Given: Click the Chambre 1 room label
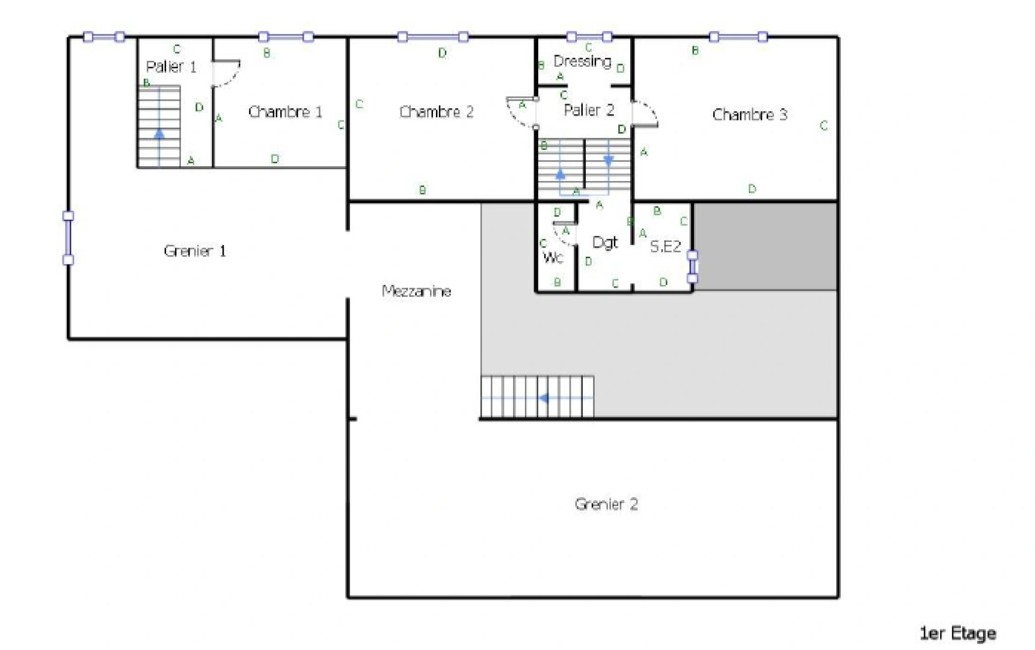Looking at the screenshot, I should tap(285, 112).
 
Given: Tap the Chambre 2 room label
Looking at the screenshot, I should tap(436, 112).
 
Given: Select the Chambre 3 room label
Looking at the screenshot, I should tap(749, 114).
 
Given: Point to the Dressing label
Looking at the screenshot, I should tap(582, 61).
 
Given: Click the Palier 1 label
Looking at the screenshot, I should tap(171, 66).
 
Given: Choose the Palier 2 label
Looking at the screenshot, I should tap(589, 110).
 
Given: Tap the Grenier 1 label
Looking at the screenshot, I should tap(194, 250).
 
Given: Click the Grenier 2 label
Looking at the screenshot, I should tap(606, 504).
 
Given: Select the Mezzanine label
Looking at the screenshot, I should tap(416, 291).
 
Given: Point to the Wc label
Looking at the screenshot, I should tap(553, 258).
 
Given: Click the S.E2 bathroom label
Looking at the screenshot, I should tap(665, 246).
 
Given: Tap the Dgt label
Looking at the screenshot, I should tap(604, 242).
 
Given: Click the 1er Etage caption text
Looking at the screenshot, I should tap(957, 633).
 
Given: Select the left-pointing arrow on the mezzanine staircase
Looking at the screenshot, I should tap(544, 398).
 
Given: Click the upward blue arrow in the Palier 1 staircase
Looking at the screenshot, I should tap(159, 134).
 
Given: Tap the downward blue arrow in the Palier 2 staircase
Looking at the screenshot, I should tap(608, 161).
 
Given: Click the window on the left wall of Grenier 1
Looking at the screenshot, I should tap(68, 238).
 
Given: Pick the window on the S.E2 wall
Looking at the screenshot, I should tap(692, 266).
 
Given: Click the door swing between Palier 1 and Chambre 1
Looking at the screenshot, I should tap(227, 73).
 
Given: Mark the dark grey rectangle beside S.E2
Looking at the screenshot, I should tap(765, 246).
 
